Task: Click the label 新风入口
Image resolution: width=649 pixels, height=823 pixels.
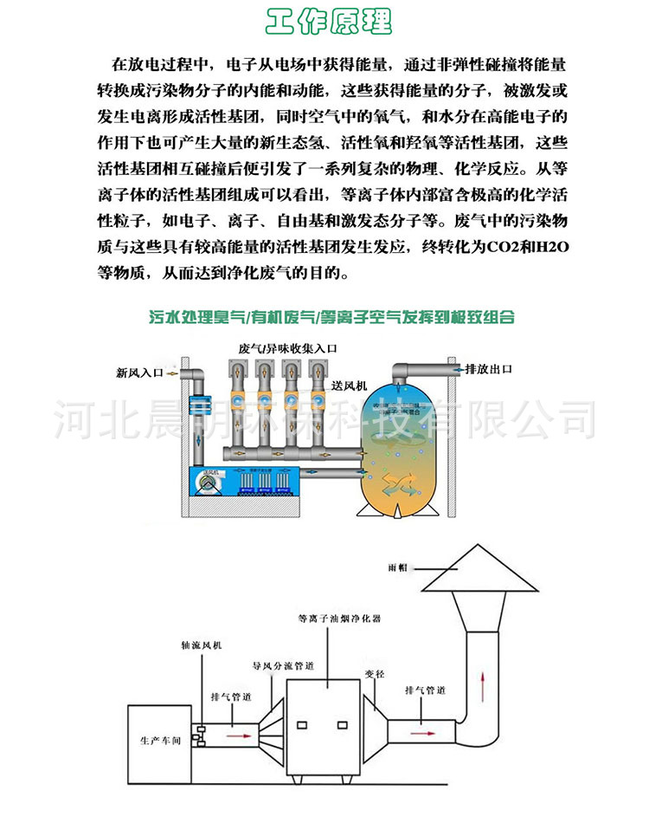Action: click(139, 373)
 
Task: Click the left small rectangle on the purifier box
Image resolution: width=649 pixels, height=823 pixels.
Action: click(304, 724)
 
